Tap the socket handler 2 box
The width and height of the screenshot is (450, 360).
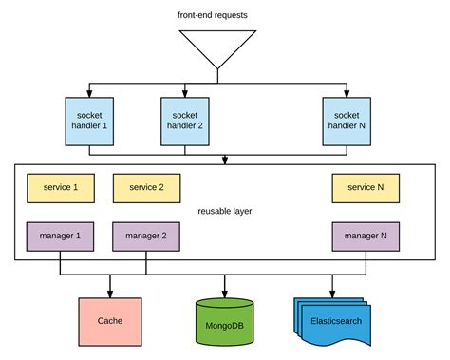click(x=185, y=121)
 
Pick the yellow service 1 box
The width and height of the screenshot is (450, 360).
click(x=62, y=188)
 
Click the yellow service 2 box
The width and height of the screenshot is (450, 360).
click(x=146, y=188)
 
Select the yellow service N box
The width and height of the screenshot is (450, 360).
click(x=366, y=188)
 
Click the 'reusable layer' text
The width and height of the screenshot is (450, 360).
click(x=225, y=211)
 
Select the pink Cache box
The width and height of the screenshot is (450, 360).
click(x=109, y=321)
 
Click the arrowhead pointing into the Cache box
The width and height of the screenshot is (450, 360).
click(x=109, y=293)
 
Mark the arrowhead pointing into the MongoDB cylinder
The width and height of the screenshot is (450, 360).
click(x=225, y=293)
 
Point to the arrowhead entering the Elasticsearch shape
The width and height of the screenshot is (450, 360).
click(x=333, y=293)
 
